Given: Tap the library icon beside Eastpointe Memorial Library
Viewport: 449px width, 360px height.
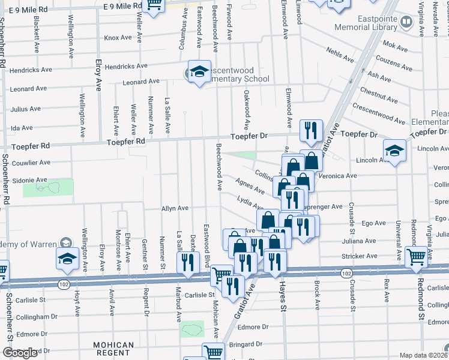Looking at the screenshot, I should tap(407, 23).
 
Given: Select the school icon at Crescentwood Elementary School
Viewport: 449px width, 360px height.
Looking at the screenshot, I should tap(199, 71).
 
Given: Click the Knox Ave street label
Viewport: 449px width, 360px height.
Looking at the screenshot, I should tap(117, 37).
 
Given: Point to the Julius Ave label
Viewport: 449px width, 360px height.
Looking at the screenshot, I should tap(26, 109).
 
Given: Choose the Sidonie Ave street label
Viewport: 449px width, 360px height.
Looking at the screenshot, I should tap(29, 179).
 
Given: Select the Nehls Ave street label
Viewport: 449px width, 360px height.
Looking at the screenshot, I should tap(340, 56).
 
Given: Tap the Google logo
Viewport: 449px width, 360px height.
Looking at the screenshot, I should tap(20, 353).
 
